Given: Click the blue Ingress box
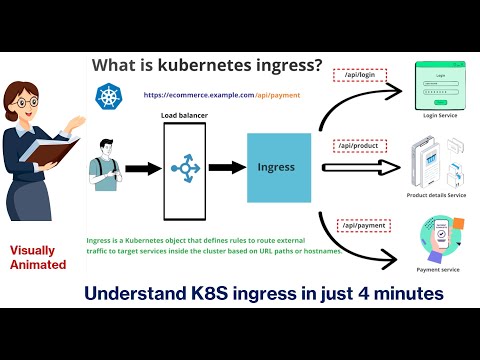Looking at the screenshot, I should pos(275,167).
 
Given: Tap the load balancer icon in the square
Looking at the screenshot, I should pos(183,168).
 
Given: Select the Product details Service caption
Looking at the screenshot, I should pos(436,194).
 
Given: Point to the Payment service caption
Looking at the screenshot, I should pos(438,269).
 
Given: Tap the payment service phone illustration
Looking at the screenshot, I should pos(436,239).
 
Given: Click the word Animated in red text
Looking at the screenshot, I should pos(38,265).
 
